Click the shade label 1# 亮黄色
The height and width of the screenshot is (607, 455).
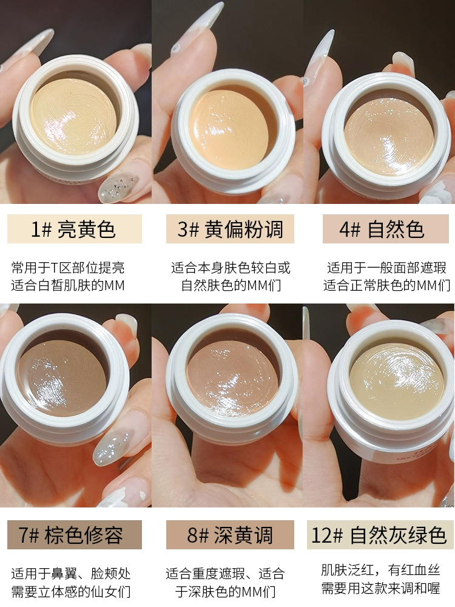tap(73, 229)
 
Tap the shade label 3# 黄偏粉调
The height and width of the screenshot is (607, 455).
tap(230, 229)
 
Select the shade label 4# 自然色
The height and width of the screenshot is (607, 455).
tap(382, 229)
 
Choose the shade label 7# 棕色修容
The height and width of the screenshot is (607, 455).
tap(70, 535)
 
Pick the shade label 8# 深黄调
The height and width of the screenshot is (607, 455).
tap(230, 535)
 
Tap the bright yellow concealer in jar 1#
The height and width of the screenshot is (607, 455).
tap(73, 116)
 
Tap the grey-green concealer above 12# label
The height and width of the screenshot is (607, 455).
tap(397, 381)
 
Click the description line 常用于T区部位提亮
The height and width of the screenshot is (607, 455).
tap(68, 268)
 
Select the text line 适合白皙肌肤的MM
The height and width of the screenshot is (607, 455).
tap(68, 285)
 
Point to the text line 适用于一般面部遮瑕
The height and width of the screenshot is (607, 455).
tap(386, 268)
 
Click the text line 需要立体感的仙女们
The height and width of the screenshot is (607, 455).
tap(71, 591)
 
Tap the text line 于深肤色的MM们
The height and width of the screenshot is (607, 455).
tap(225, 591)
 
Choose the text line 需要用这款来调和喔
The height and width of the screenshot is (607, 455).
tap(381, 588)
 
